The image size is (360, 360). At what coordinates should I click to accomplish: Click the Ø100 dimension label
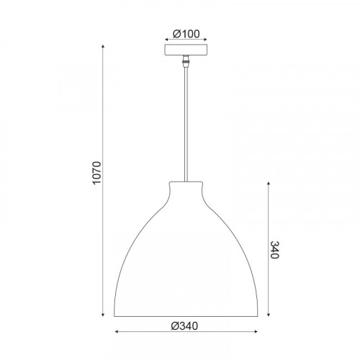pos(186,34)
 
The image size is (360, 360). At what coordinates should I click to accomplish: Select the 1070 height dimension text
pos(97,173)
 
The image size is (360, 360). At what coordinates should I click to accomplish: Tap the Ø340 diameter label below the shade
pos(184,326)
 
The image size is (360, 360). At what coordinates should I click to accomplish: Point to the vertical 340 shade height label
pos(274,250)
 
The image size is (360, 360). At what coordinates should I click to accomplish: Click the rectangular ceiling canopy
pos(186,50)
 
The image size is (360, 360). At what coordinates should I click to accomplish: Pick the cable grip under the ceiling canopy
pos(186,61)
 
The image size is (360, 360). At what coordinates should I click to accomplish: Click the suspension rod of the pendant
pos(186,125)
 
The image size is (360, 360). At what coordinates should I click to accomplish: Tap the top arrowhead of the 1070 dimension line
pos(103,46)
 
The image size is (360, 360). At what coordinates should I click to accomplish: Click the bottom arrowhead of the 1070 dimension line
pos(103,315)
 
